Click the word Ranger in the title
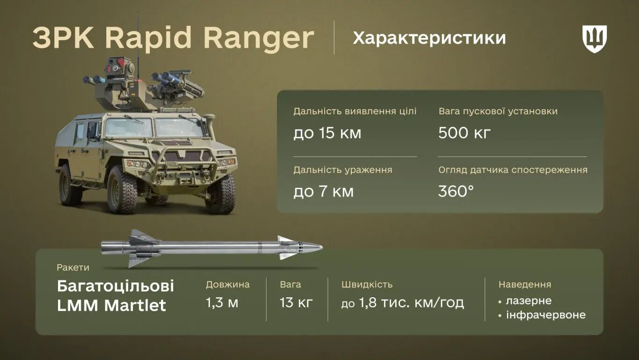tap(259, 38)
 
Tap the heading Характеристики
tap(429, 38)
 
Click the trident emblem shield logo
tap(594, 38)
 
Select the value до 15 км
tap(327, 133)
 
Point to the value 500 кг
tap(464, 133)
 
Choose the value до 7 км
tap(323, 191)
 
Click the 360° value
tap(456, 191)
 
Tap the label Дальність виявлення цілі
tap(355, 111)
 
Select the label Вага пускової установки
tap(498, 111)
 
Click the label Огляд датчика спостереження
tap(513, 170)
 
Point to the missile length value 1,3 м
tap(222, 303)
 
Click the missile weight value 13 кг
tap(296, 303)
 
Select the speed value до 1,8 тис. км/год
tap(402, 303)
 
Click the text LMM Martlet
tap(111, 305)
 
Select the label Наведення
tap(524, 284)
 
